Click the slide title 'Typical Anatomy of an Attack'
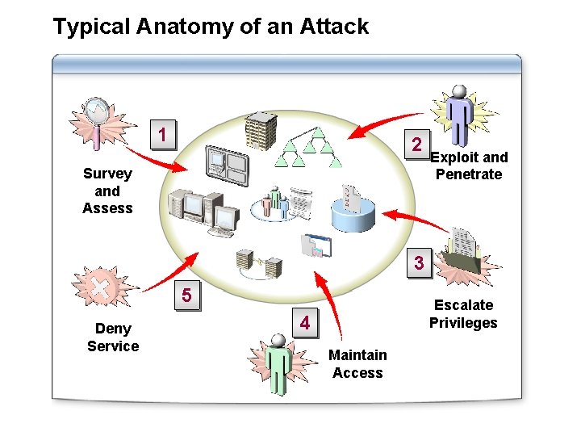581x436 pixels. pyautogui.click(x=211, y=27)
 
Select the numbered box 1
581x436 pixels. pyautogui.click(x=165, y=134)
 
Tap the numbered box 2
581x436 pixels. pyautogui.click(x=416, y=145)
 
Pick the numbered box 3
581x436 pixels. pyautogui.click(x=418, y=263)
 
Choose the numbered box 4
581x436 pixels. pyautogui.click(x=305, y=323)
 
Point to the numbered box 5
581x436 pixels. pyautogui.click(x=187, y=296)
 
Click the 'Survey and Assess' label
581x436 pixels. pyautogui.click(x=107, y=191)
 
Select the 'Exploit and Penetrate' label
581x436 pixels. pyautogui.click(x=471, y=166)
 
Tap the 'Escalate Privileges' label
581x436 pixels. pyautogui.click(x=463, y=314)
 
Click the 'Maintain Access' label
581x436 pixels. pyautogui.click(x=359, y=363)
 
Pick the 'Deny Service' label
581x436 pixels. pyautogui.click(x=113, y=337)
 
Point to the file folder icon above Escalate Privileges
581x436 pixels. pyautogui.click(x=468, y=252)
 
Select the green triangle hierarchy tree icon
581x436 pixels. pyautogui.click(x=304, y=149)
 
